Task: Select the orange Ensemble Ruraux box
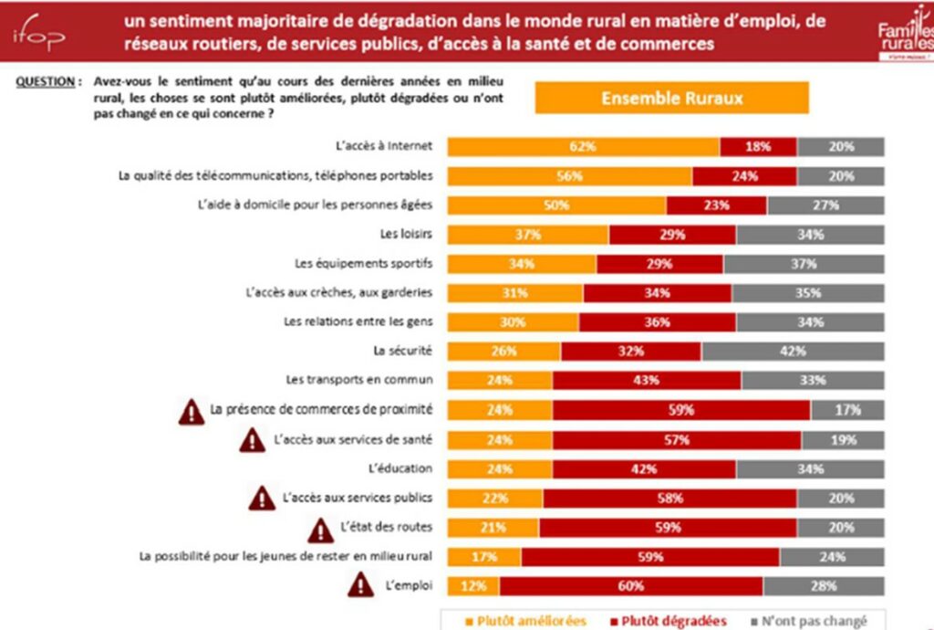pyautogui.click(x=671, y=99)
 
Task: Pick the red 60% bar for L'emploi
pyautogui.click(x=631, y=585)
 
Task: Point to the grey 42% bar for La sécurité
pyautogui.click(x=793, y=352)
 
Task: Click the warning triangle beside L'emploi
pyautogui.click(x=362, y=583)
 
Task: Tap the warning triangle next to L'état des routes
pyautogui.click(x=320, y=528)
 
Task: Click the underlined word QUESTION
pyautogui.click(x=45, y=82)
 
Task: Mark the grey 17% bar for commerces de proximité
pyautogui.click(x=847, y=410)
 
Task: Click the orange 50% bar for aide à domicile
pyautogui.click(x=556, y=205)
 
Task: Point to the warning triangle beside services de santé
pyautogui.click(x=253, y=441)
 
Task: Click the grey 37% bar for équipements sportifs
pyautogui.click(x=804, y=264)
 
